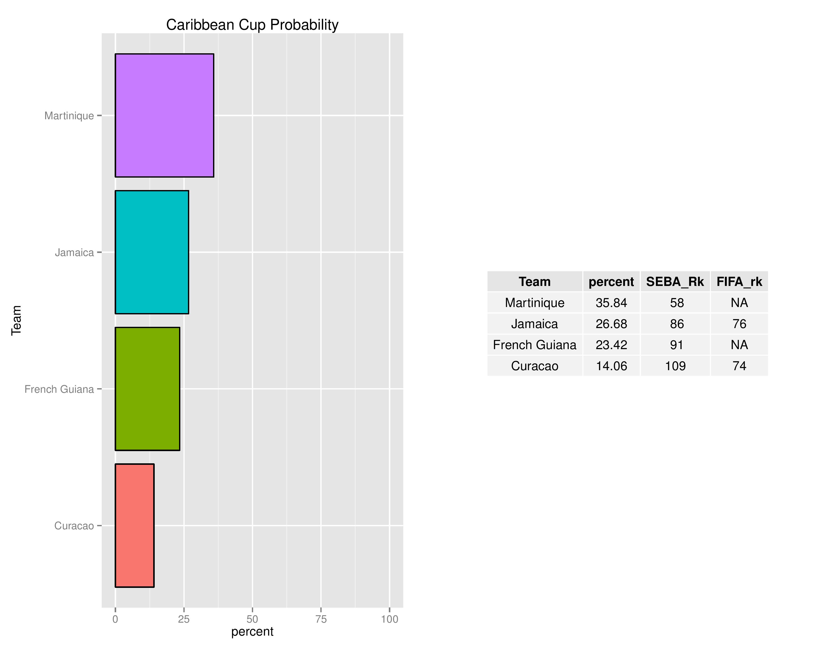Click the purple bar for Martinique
click(164, 115)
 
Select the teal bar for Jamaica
click(152, 252)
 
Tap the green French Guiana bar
click(148, 389)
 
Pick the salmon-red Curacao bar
click(134, 525)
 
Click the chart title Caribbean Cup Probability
click(252, 25)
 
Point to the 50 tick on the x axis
click(252, 619)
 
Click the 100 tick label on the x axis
click(389, 619)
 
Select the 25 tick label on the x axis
click(184, 619)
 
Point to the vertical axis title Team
click(16, 320)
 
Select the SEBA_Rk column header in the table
click(675, 282)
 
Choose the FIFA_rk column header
click(739, 282)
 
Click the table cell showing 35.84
click(611, 303)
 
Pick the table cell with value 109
click(675, 366)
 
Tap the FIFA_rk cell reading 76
click(739, 324)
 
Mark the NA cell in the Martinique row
click(739, 303)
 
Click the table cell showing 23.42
click(611, 345)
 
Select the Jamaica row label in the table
click(535, 324)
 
